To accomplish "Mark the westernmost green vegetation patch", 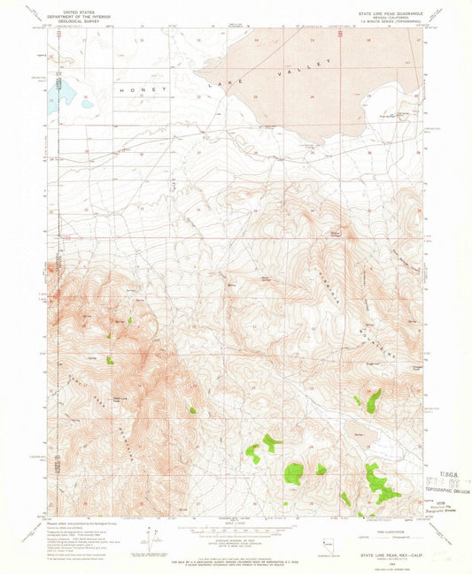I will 110,360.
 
